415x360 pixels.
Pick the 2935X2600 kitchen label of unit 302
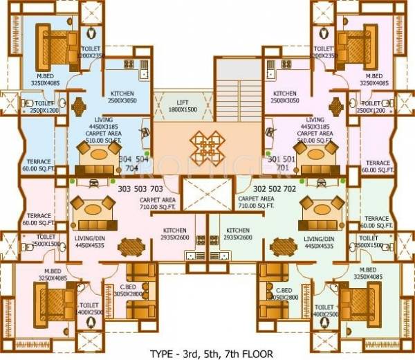237,234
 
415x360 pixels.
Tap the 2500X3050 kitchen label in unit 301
284,96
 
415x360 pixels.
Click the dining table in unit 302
284,248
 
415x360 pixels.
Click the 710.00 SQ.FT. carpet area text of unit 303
160,206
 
